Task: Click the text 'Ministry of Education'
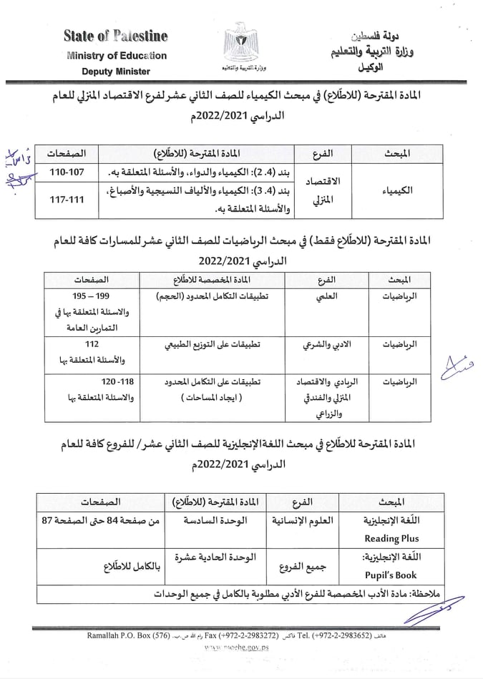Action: (117, 55)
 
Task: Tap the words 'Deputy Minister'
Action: (117, 72)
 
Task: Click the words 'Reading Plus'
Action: (391, 539)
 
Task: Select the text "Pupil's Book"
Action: (391, 575)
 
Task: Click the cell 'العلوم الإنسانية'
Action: (297, 521)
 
